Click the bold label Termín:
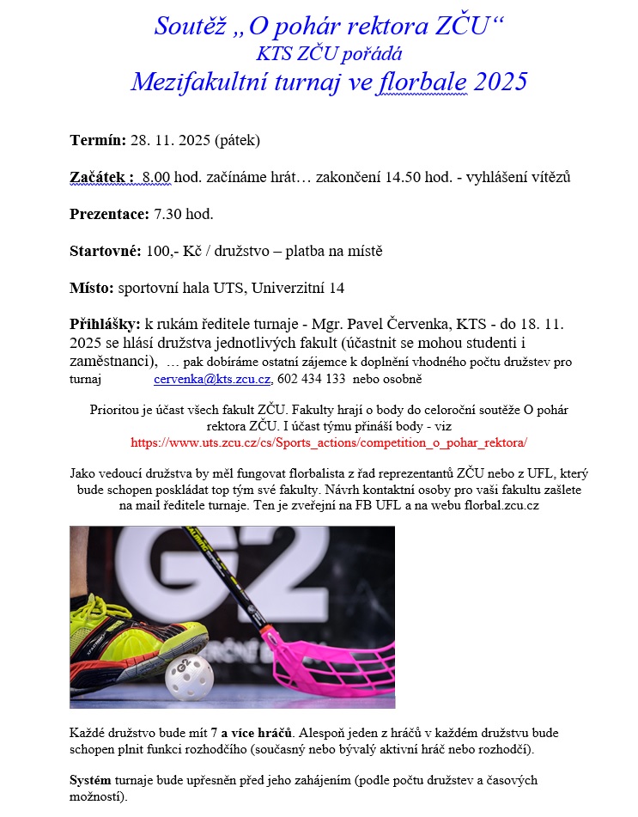(x=98, y=140)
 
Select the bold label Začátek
(x=100, y=178)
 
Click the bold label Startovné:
(x=105, y=252)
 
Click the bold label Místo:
(x=91, y=288)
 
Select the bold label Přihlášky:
(x=106, y=325)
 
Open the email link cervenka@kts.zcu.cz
(x=213, y=379)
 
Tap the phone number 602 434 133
(x=313, y=379)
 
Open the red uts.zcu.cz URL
(x=329, y=443)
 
